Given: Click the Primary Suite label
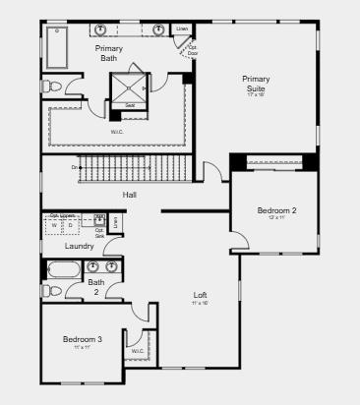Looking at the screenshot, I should coord(257,85).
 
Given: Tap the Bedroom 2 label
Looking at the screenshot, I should coord(276,210).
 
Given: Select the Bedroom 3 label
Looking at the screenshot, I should coord(82,340).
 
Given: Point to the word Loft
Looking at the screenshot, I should coord(200,295).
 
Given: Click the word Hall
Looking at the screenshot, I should coord(129,195).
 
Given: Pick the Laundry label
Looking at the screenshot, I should coord(65,246).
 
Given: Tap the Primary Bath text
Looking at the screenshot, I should coord(109,53).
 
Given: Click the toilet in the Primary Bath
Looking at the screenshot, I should coord(53,87).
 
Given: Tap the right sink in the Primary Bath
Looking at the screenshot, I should coord(157,29).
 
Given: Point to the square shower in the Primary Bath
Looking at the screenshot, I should coord(130,84).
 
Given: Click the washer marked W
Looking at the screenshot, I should coord(54,225).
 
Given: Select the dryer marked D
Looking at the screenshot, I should coord(71,225).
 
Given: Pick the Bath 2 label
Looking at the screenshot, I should coord(96,287).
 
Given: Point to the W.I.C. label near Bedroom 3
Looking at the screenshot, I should coord(138,350).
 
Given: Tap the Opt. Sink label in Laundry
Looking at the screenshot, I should coord(99,233).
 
